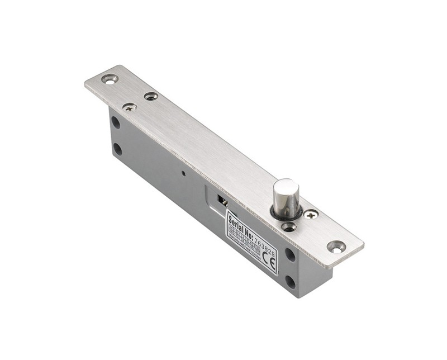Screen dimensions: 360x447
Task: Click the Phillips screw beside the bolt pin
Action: point(311,214)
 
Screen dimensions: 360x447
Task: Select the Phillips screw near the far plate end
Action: point(130,106)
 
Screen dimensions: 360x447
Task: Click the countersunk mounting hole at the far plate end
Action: point(110,79)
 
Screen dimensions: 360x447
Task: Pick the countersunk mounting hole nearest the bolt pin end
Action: point(336,246)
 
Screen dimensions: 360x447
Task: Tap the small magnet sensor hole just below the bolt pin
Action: point(288,226)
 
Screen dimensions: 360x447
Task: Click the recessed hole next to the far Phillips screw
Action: point(150,96)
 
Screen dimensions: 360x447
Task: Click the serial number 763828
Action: point(265,232)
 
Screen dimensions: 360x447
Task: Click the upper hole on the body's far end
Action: point(115,122)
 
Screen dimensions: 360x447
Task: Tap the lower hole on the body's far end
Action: point(117,149)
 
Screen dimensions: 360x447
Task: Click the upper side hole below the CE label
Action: point(290,254)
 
